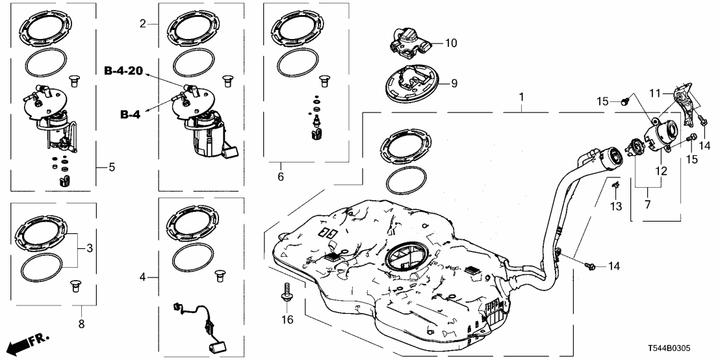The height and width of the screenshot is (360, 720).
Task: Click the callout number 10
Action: click(451, 44)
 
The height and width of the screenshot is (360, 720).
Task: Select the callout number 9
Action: click(455, 83)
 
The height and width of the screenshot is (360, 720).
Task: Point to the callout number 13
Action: click(616, 206)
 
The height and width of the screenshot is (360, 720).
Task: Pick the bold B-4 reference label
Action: click(131, 115)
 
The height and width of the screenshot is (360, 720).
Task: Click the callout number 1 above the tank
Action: click(521, 97)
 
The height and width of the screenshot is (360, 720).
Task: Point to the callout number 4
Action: click(143, 277)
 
